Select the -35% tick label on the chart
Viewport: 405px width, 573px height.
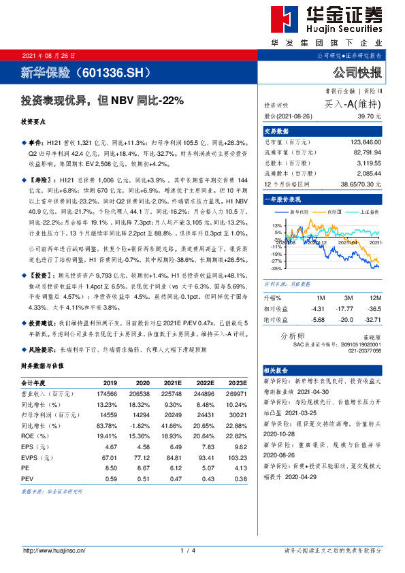coord(276,269)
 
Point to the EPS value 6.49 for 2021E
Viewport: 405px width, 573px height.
coord(174,446)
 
